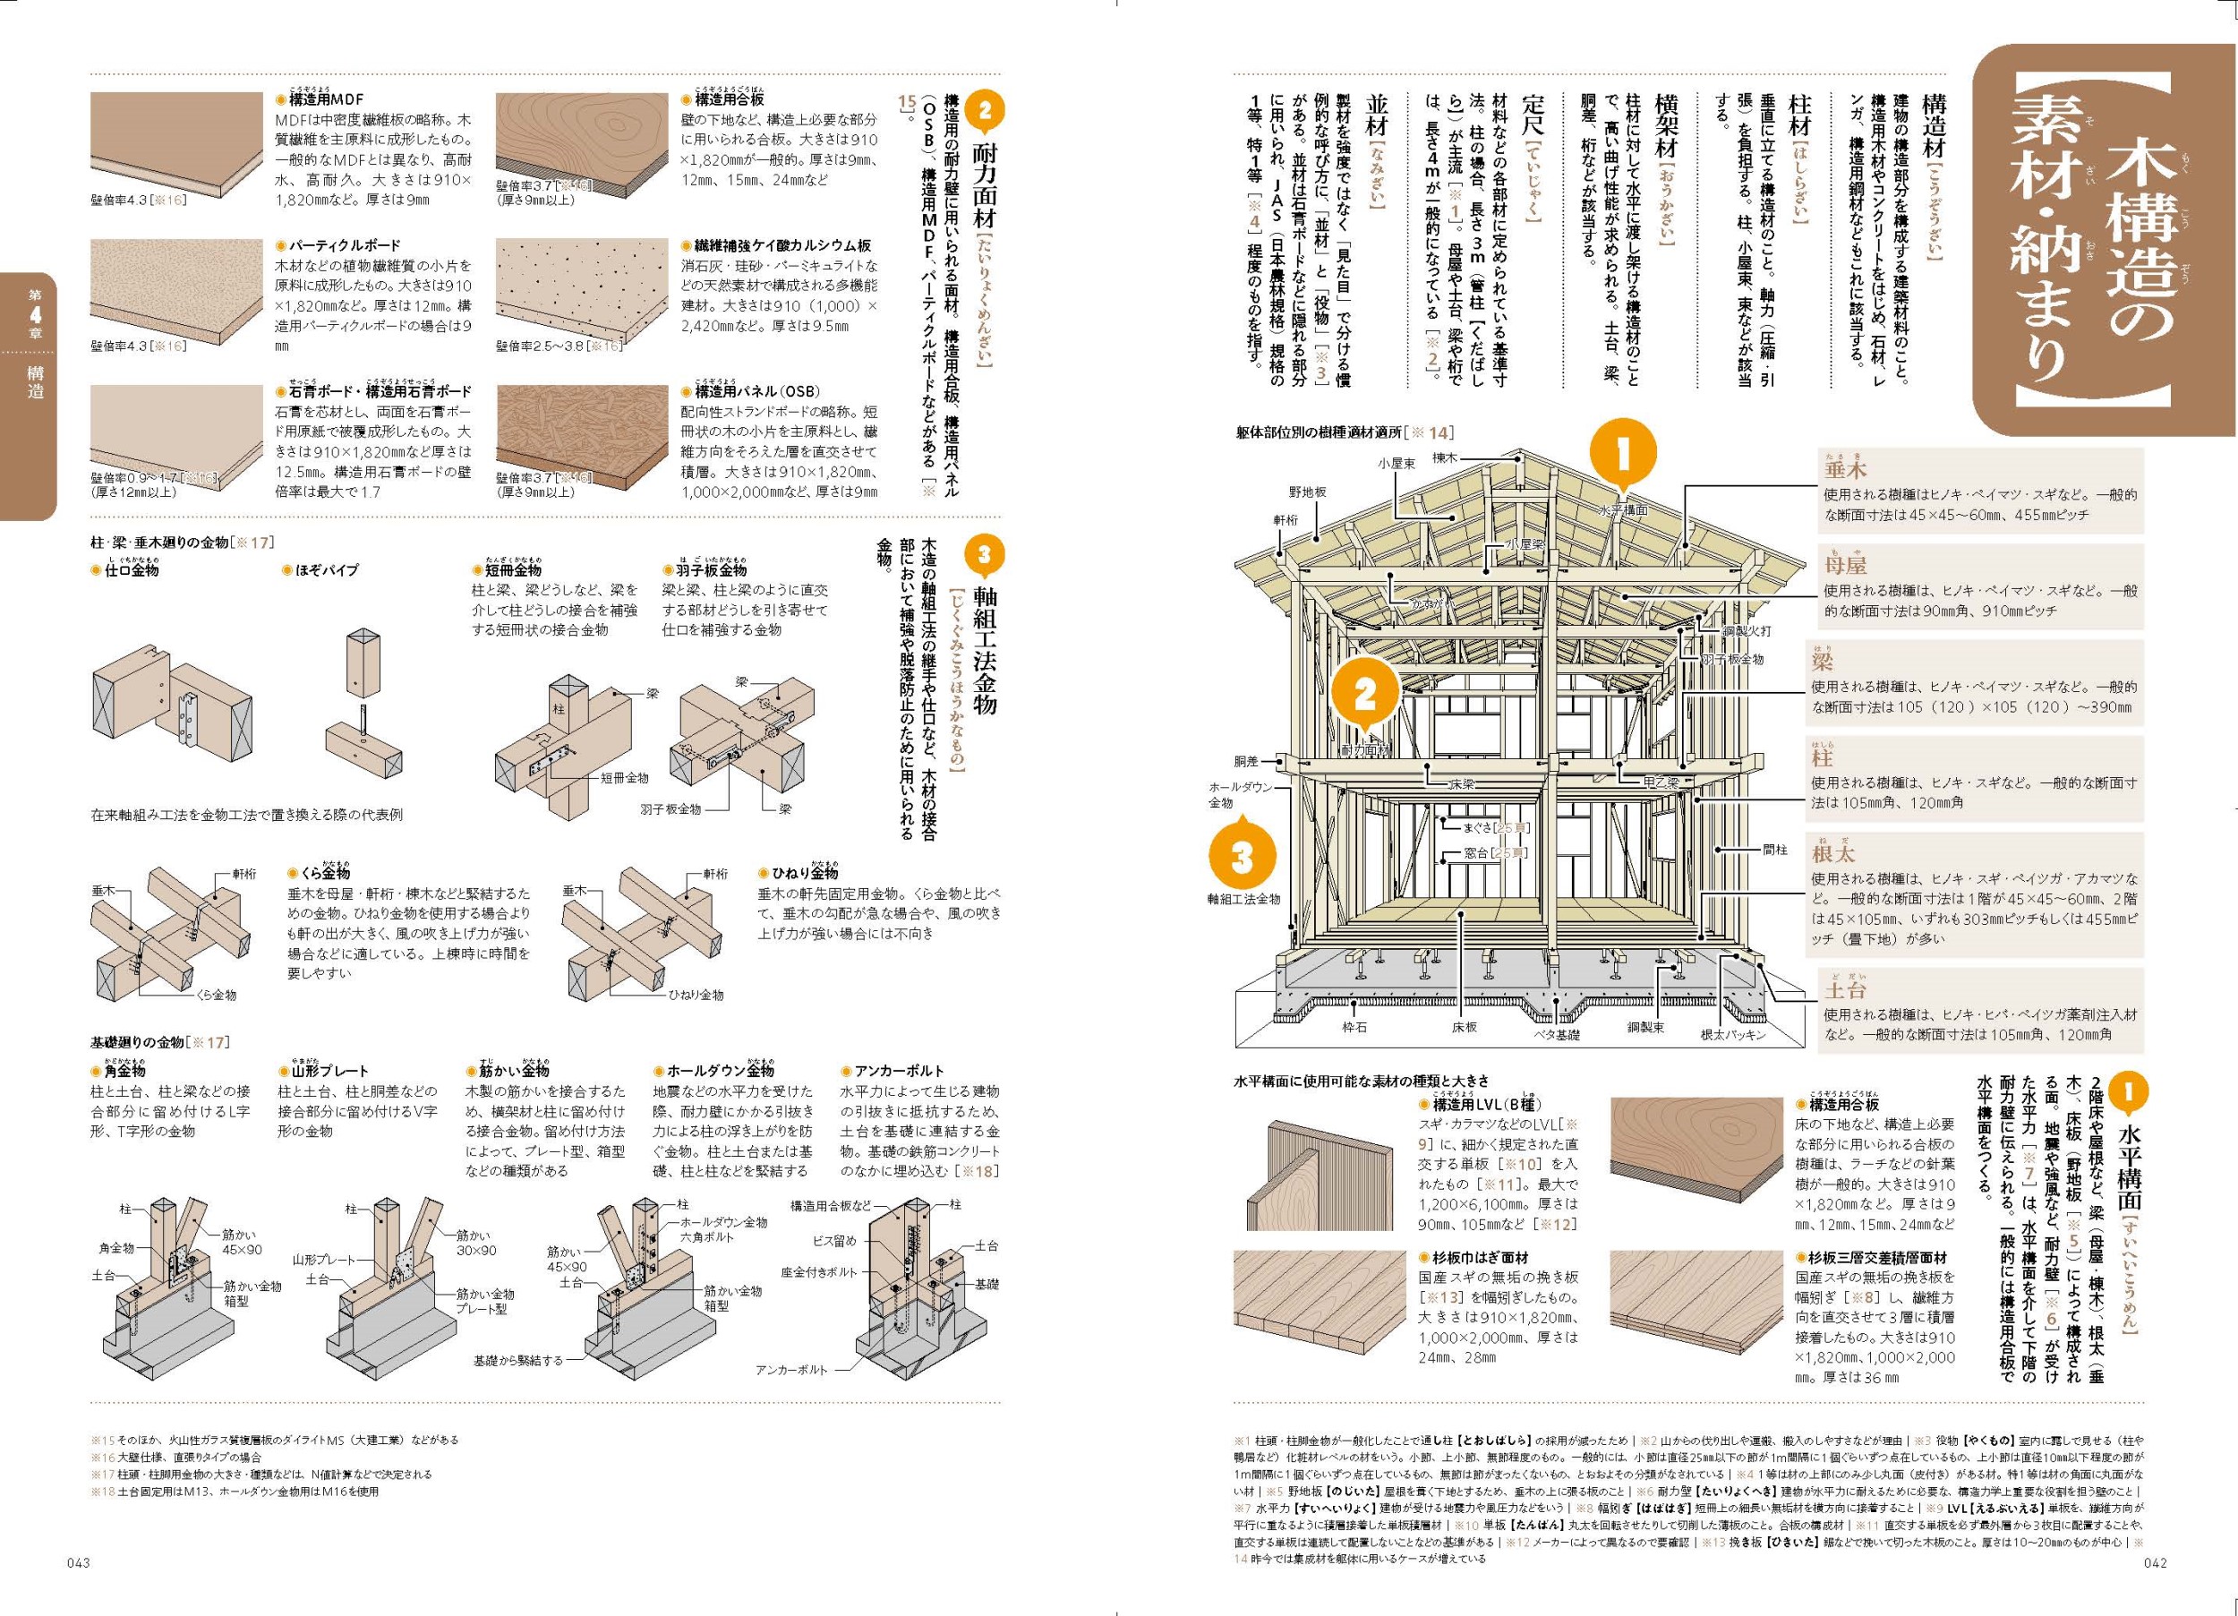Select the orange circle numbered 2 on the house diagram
click(x=1364, y=695)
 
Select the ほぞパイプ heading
click(x=327, y=570)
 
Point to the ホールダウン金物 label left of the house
click(x=1242, y=795)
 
